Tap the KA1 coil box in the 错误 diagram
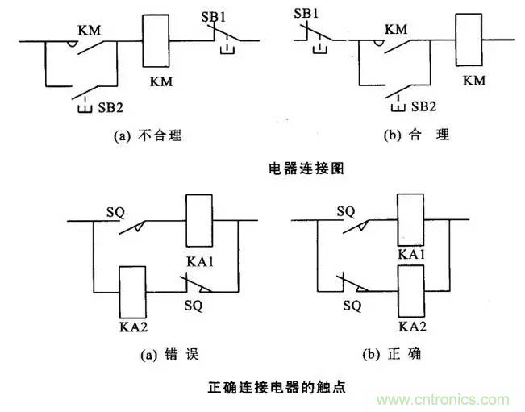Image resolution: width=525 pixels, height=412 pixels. click(198, 219)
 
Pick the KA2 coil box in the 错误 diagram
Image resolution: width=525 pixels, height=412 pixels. click(132, 292)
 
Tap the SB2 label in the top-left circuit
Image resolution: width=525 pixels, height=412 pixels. click(110, 106)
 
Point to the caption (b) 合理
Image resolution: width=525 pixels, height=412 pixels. click(416, 135)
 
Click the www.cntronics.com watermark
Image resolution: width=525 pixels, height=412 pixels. click(440, 398)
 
